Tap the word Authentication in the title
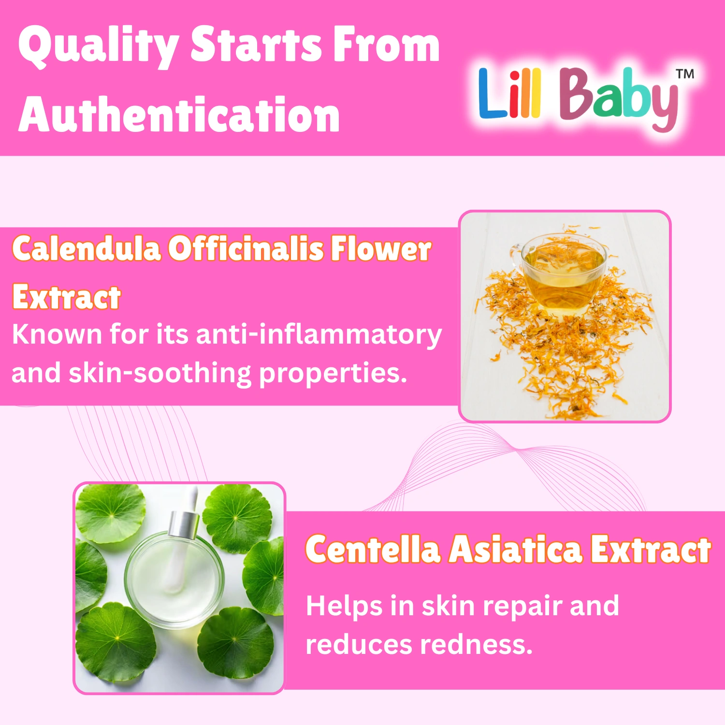[179, 115]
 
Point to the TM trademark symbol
[685, 74]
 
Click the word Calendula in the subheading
[87, 249]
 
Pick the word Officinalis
[246, 249]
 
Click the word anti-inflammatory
[319, 335]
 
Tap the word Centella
[373, 550]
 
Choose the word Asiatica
[515, 550]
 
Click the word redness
[476, 645]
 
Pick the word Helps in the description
[344, 607]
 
